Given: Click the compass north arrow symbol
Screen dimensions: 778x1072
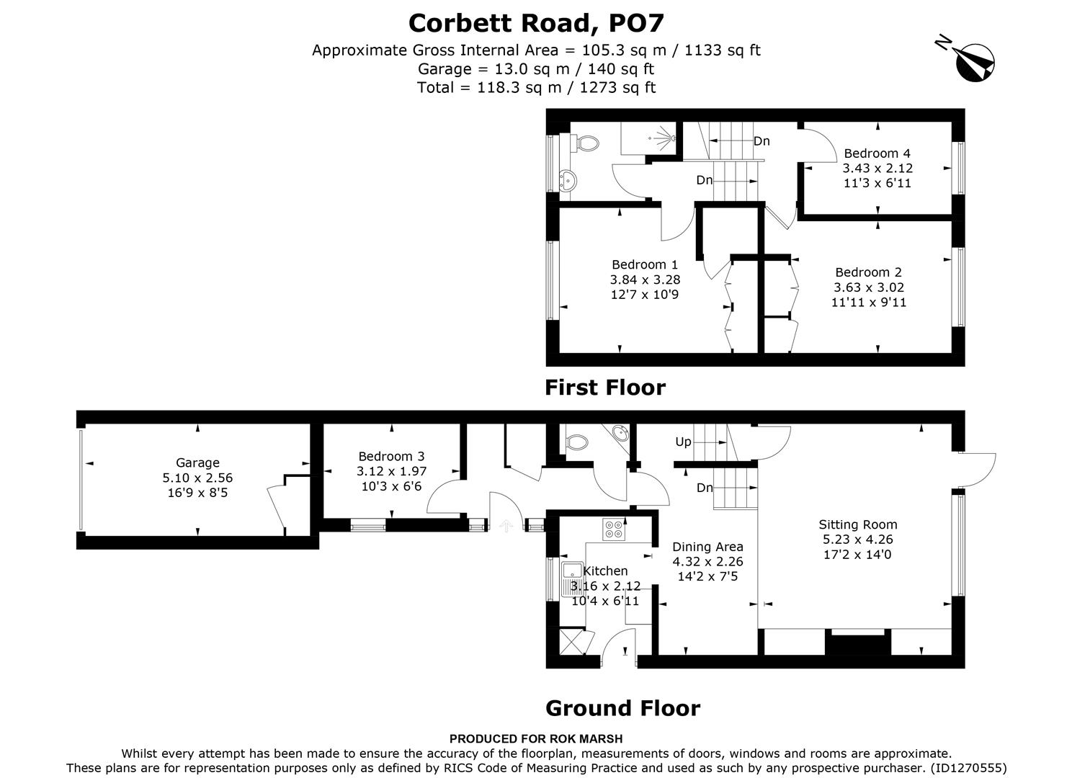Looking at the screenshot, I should (x=974, y=61).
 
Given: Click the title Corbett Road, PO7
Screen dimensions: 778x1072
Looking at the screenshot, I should (x=535, y=23).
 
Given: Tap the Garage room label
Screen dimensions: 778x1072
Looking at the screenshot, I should (x=197, y=462).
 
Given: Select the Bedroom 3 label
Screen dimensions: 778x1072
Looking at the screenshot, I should (x=391, y=456).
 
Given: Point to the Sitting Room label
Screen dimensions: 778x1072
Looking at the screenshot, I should (x=857, y=524).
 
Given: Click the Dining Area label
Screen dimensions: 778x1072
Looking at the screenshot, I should (x=707, y=547).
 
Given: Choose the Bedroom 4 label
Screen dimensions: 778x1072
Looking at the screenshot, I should (x=877, y=153).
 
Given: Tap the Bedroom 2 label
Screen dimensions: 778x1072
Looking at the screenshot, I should (x=868, y=272).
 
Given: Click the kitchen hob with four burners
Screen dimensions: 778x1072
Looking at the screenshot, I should (x=614, y=529).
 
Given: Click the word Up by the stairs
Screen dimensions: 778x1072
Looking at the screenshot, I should (x=682, y=442).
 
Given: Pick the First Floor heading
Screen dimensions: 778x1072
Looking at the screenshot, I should (x=604, y=388).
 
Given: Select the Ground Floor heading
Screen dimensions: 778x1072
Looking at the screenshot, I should (x=622, y=708).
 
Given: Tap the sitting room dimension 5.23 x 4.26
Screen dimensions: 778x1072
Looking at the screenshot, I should (x=857, y=540).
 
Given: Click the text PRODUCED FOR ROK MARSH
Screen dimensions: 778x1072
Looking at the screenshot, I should (x=535, y=738).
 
